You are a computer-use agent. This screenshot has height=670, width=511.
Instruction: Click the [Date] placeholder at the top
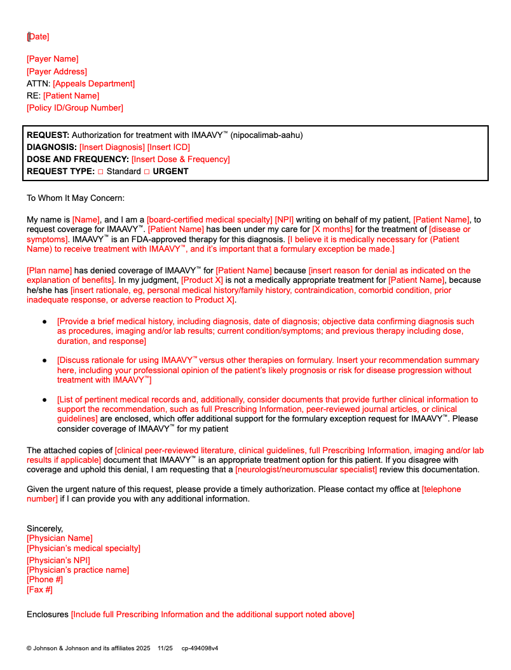[38, 37]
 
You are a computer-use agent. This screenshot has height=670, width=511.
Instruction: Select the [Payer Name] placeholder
[53, 59]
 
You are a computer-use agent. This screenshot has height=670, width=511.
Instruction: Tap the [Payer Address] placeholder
[57, 71]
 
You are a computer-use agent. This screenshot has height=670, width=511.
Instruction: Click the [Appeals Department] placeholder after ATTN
[93, 83]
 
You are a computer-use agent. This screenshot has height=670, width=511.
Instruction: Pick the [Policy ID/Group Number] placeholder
[75, 107]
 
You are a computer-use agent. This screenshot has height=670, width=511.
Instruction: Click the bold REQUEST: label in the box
[48, 135]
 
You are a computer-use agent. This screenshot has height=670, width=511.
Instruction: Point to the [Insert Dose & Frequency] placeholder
[181, 159]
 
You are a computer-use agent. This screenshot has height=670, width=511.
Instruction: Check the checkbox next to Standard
[100, 172]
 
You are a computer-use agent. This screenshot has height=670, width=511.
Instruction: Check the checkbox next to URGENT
[147, 172]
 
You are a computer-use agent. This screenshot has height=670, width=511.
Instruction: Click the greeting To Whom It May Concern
[76, 198]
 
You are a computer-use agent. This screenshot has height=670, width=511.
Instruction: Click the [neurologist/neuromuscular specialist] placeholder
[306, 470]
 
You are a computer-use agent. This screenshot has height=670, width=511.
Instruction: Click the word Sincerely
[44, 528]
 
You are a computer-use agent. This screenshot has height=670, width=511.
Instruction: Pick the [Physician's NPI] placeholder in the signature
[58, 560]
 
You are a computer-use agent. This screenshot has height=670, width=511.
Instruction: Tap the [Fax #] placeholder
[39, 590]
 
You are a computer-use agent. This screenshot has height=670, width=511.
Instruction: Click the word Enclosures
[47, 615]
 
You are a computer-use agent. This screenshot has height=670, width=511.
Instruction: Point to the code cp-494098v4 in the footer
[200, 648]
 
